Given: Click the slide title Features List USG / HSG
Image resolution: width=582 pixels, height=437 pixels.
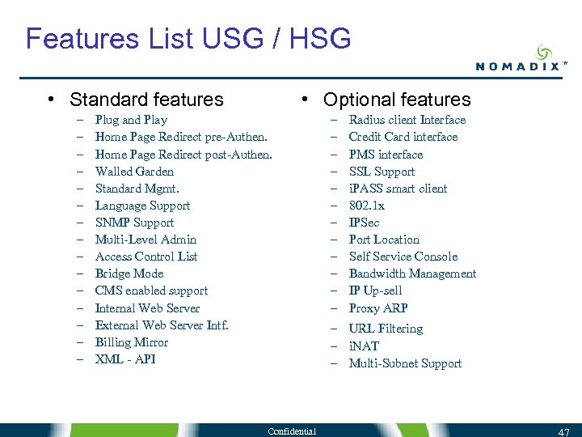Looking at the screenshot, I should [x=188, y=38].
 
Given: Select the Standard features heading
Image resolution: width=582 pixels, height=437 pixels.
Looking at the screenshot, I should [x=146, y=100].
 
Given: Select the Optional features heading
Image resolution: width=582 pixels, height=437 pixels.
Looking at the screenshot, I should [x=396, y=100].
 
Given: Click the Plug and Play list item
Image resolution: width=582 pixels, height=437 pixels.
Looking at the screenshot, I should [x=131, y=120].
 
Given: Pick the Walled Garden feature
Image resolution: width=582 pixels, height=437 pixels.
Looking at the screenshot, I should [x=134, y=172].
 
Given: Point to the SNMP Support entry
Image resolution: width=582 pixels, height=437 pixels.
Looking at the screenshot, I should [x=134, y=223].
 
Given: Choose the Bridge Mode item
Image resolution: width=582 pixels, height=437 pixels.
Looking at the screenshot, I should [x=129, y=274].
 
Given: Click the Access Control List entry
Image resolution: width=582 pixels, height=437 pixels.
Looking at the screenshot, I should [x=146, y=257].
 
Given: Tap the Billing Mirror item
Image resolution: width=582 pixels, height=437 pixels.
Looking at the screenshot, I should [x=132, y=342].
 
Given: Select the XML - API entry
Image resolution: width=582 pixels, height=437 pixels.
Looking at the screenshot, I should [x=125, y=359].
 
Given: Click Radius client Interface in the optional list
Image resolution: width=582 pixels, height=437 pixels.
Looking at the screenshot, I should [x=407, y=120].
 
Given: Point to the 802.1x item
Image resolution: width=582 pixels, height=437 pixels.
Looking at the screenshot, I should [x=366, y=206].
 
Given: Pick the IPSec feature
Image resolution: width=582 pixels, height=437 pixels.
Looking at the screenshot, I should [x=364, y=223].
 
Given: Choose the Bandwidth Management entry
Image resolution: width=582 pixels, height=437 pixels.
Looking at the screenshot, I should [x=412, y=274].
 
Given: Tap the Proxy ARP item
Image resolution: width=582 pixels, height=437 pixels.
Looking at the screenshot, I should [x=378, y=308].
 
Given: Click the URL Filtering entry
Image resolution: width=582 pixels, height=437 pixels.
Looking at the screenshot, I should [x=386, y=329].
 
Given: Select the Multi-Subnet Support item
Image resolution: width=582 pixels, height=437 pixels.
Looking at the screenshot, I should [x=405, y=363].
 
